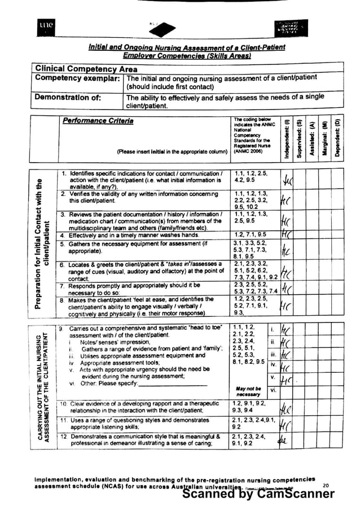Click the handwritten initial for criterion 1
click(287, 182)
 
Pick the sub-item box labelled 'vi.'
click(273, 390)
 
